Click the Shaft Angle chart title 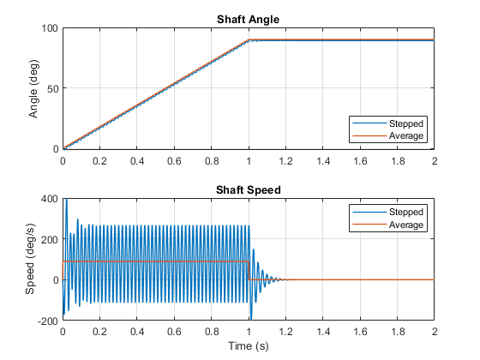tap(249, 20)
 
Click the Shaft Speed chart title tap(249, 190)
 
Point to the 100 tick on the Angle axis tap(50, 28)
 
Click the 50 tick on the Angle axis tap(52, 89)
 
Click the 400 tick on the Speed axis tap(49, 199)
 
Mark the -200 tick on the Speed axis tap(48, 321)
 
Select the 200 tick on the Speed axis tap(49, 240)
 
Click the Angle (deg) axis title tap(33, 89)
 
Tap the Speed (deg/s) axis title tap(30, 259)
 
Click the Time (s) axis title tap(249, 346)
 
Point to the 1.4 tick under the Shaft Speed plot tap(323, 332)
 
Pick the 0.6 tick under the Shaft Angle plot tap(174, 161)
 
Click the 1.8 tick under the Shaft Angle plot tap(398, 161)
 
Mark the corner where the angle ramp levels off tap(249, 39)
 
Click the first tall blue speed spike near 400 tap(66, 201)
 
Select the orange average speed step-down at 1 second tap(249, 270)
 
